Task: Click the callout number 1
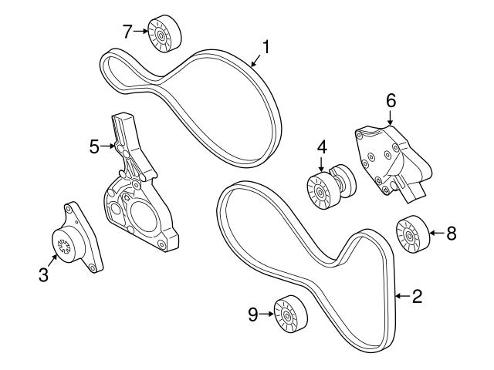click(266, 48)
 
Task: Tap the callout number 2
click(417, 295)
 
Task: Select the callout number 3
click(45, 273)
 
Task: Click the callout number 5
click(94, 145)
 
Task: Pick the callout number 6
click(391, 99)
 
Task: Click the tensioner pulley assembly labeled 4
click(327, 188)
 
